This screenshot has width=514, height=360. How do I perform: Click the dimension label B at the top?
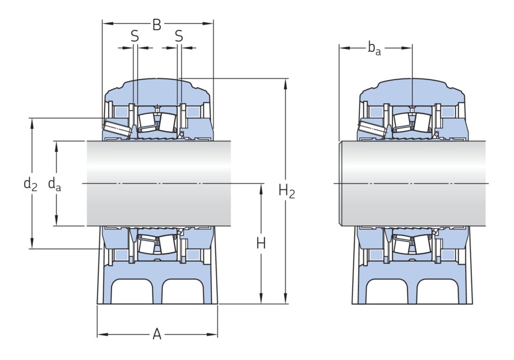(x=157, y=25)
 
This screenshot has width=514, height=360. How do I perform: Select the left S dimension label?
(x=135, y=36)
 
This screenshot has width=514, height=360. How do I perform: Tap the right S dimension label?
(x=179, y=36)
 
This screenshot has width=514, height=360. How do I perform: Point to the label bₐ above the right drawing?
(x=374, y=49)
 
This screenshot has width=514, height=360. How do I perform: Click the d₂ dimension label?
(x=30, y=184)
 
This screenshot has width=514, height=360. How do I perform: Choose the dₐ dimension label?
(x=54, y=184)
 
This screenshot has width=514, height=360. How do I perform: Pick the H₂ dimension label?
(x=287, y=191)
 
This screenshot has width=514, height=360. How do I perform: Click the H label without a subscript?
(x=261, y=244)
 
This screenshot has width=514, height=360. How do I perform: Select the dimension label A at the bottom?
(x=157, y=334)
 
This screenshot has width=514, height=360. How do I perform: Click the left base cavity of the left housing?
(x=133, y=292)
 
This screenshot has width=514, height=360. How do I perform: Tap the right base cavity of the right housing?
(x=437, y=292)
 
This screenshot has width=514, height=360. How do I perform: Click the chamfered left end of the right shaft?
(x=341, y=184)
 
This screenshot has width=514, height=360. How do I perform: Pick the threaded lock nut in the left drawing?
(x=117, y=128)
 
